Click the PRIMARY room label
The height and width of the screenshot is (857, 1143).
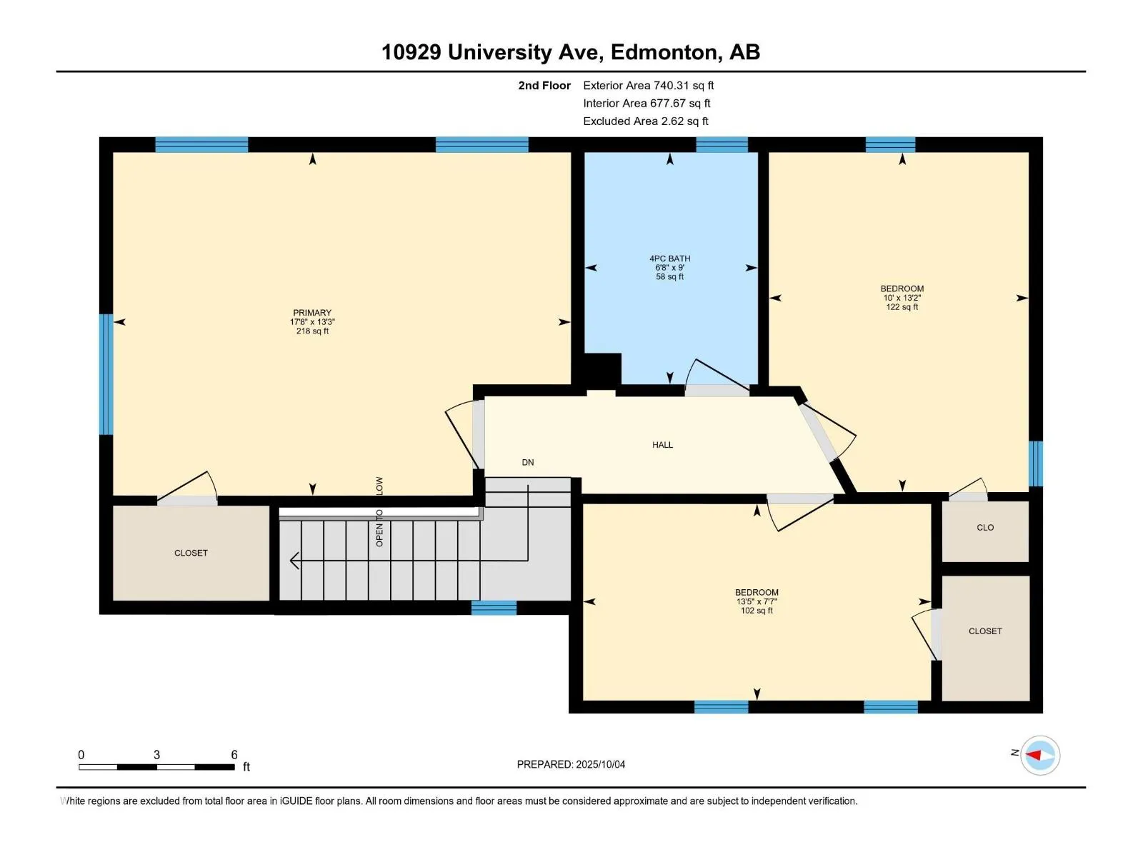pos(312,313)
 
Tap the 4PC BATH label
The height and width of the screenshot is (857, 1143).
pos(669,259)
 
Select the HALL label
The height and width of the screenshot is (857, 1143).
pos(662,445)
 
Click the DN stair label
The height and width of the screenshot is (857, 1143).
pos(527,462)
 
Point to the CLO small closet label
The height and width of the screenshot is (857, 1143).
pos(984,528)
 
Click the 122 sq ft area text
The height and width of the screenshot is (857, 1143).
pos(902,307)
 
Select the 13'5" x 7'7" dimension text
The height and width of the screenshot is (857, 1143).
pos(757,601)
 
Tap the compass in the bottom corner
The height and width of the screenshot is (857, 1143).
pos(1039,755)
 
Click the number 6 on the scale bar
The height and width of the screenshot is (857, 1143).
pos(234,754)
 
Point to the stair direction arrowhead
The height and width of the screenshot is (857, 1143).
pos(294,561)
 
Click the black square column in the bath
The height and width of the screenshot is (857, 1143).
pos(602,371)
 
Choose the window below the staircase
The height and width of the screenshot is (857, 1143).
pos(494,608)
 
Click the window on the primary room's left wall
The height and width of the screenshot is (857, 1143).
pos(106,374)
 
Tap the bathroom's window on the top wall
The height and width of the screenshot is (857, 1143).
pos(722,145)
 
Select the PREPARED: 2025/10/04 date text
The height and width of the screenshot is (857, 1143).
pos(571,764)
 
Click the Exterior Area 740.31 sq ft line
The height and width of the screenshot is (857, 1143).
pos(649,85)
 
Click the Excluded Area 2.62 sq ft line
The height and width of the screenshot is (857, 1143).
pos(646,121)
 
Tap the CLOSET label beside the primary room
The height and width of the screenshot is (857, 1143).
pos(191,553)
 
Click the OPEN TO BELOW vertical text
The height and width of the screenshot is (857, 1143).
pos(379,511)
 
